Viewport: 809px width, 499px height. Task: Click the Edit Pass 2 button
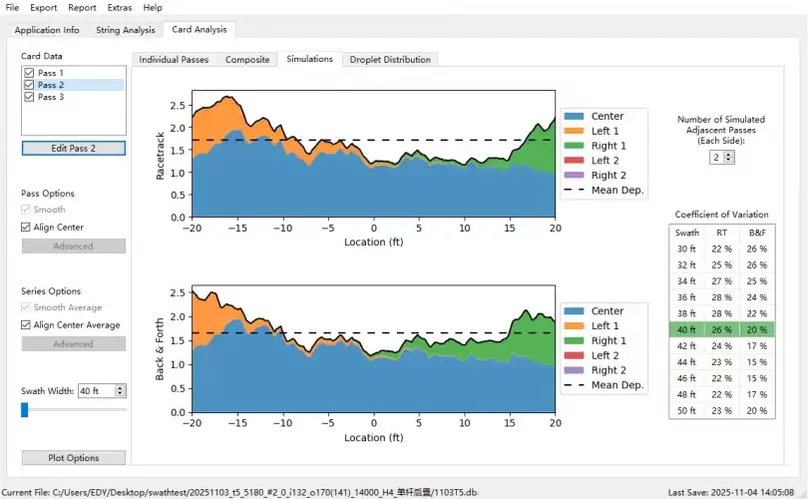click(x=74, y=148)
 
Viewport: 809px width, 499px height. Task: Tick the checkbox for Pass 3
click(x=29, y=97)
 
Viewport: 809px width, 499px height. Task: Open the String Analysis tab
click(x=126, y=30)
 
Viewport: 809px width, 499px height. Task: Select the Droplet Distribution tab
click(x=390, y=60)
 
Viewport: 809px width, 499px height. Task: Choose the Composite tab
click(x=247, y=60)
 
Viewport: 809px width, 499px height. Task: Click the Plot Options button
click(x=74, y=458)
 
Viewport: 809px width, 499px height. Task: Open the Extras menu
click(x=120, y=7)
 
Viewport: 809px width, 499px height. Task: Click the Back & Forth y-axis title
click(x=161, y=348)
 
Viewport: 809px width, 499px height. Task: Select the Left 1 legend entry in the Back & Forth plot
click(x=605, y=326)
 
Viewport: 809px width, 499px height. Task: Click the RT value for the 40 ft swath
click(x=721, y=330)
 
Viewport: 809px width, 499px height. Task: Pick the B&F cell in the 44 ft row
click(x=758, y=362)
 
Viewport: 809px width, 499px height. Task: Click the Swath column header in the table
click(x=687, y=233)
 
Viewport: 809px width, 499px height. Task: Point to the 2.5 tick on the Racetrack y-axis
click(x=176, y=106)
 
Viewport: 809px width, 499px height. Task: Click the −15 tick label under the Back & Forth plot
click(x=235, y=423)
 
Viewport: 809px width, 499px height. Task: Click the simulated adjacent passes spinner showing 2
click(x=718, y=158)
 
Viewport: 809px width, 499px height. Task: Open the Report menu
click(x=82, y=7)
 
